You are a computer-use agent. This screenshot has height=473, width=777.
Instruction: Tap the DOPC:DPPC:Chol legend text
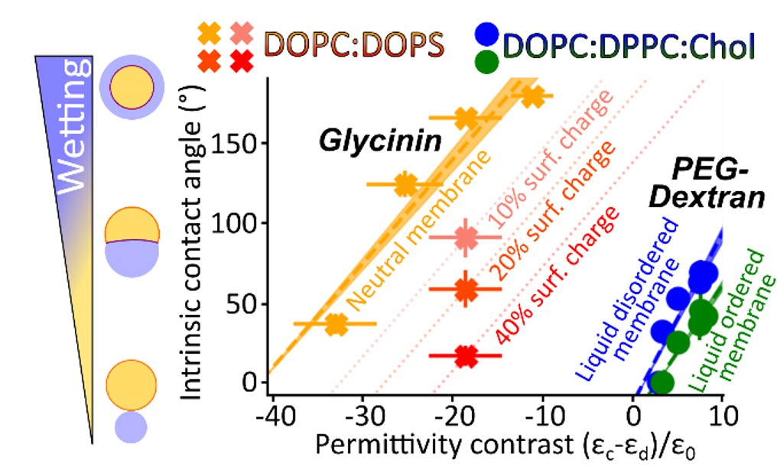[x=631, y=47]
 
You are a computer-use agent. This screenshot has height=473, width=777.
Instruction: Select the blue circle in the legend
[x=487, y=34]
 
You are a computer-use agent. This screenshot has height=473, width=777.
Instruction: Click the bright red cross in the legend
[x=242, y=59]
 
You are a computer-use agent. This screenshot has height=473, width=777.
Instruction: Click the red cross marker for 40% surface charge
[x=466, y=355]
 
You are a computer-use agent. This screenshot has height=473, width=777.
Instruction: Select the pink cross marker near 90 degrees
[x=466, y=238]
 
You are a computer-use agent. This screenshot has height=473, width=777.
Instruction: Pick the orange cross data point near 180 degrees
[x=533, y=96]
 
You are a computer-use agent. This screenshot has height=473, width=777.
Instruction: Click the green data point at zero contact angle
[x=662, y=381]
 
